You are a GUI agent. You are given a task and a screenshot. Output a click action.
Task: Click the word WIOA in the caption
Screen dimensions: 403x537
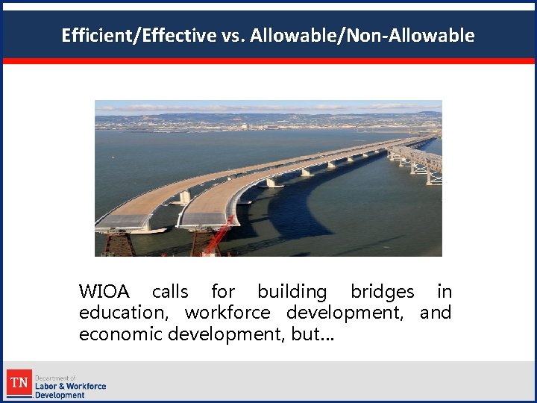click(x=104, y=292)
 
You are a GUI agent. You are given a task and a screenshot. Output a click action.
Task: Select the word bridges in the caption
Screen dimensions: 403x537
click(x=382, y=292)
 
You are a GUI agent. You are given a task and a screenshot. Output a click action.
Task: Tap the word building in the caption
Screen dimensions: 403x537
click(x=292, y=292)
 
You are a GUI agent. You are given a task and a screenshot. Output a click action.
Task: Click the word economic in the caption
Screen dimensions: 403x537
click(x=121, y=334)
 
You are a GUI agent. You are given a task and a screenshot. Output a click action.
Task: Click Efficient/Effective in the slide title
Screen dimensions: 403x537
click(x=139, y=35)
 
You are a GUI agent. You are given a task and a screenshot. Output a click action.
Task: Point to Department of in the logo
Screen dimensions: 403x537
click(x=55, y=378)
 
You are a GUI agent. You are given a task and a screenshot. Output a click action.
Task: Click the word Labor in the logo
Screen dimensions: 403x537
click(x=46, y=387)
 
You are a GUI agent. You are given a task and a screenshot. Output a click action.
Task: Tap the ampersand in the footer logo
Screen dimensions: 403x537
click(x=63, y=387)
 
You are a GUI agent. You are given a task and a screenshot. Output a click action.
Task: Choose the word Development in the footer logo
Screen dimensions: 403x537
click(x=60, y=395)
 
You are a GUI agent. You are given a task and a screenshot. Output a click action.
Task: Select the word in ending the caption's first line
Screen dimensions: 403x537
click(x=445, y=292)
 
